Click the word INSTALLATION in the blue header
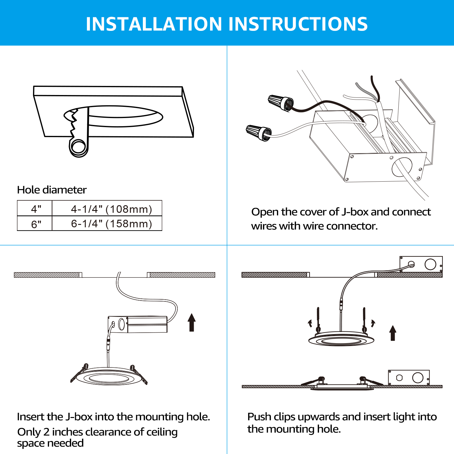pyautogui.click(x=154, y=24)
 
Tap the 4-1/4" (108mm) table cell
pyautogui.click(x=107, y=208)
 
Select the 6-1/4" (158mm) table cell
pyautogui.click(x=107, y=223)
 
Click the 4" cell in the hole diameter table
pyautogui.click(x=35, y=208)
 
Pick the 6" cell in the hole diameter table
pyautogui.click(x=35, y=223)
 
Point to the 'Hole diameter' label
pyautogui.click(x=52, y=190)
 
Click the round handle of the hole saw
pyautogui.click(x=79, y=147)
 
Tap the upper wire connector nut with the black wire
pyautogui.click(x=281, y=103)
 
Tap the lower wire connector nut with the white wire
pyautogui.click(x=259, y=133)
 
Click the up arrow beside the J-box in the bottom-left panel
pyautogui.click(x=192, y=322)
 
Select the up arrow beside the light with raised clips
pyautogui.click(x=393, y=333)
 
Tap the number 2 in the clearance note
pyautogui.click(x=46, y=432)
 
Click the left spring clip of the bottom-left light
pyautogui.click(x=79, y=373)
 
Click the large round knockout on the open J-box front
pyautogui.click(x=402, y=167)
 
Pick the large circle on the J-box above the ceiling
pyautogui.click(x=430, y=264)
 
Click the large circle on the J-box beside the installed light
pyautogui.click(x=418, y=377)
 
